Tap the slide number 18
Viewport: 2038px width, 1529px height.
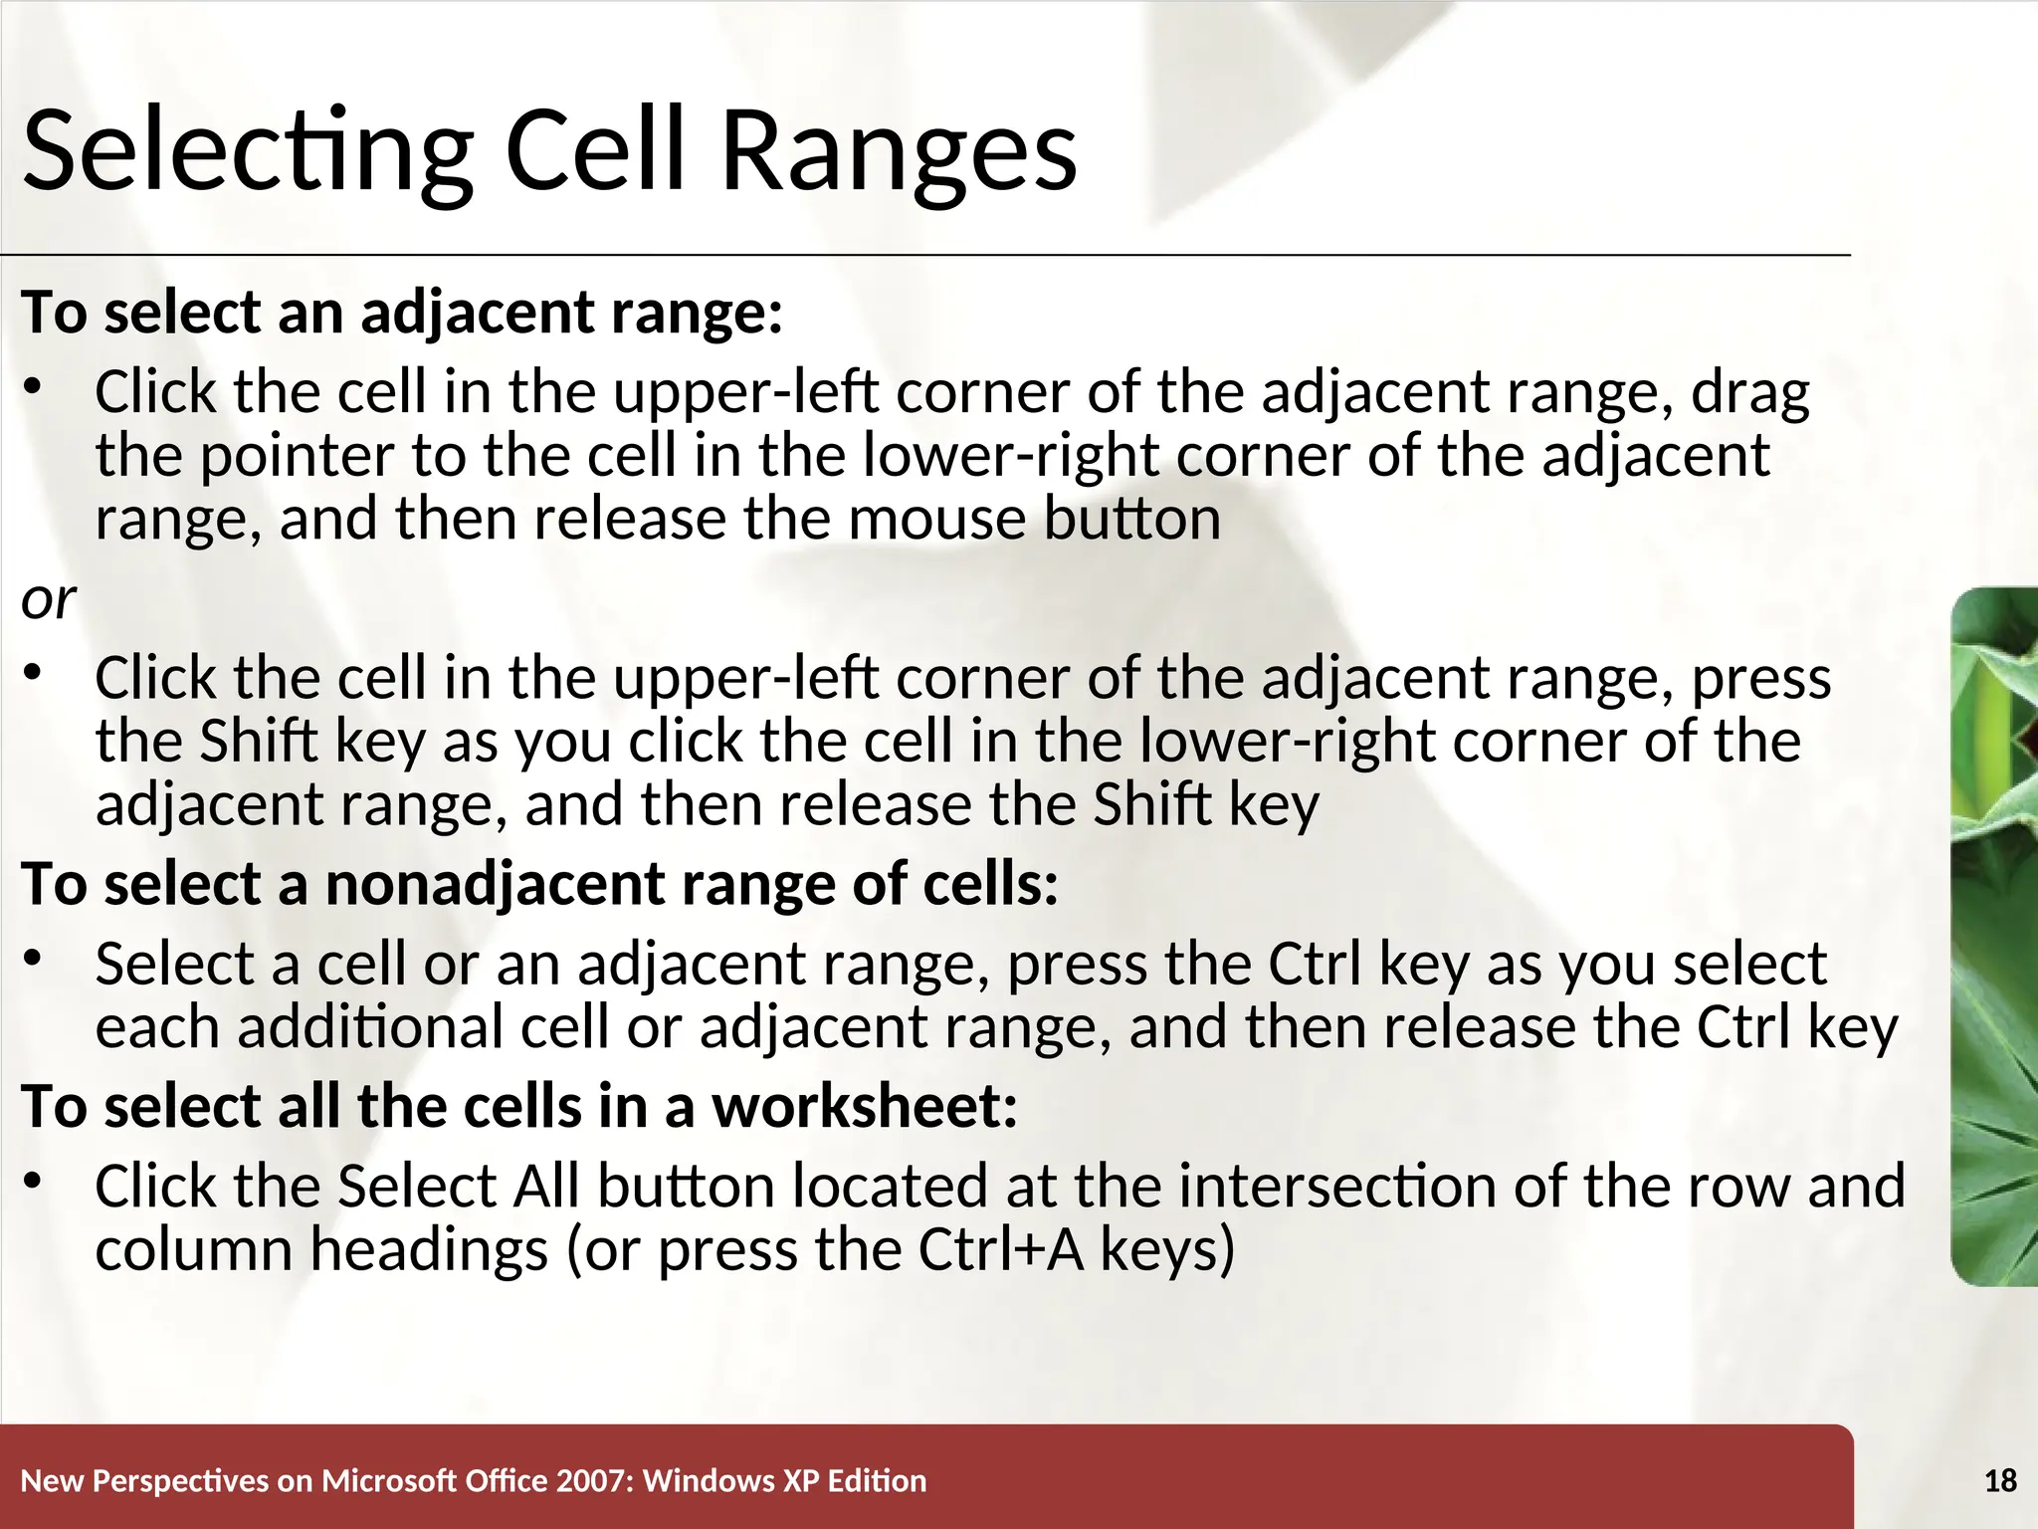point(2000,1481)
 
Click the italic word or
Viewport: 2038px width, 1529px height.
point(48,600)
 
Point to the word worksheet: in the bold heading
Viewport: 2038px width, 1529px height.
point(865,1107)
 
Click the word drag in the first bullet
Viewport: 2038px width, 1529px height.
point(1750,394)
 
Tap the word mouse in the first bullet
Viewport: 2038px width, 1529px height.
point(936,520)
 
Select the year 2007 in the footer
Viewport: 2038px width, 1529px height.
point(594,1481)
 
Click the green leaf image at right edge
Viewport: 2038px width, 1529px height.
point(1995,936)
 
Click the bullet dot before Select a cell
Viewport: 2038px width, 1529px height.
point(33,959)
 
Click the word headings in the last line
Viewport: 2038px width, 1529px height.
point(429,1250)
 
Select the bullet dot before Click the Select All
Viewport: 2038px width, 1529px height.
point(33,1182)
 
